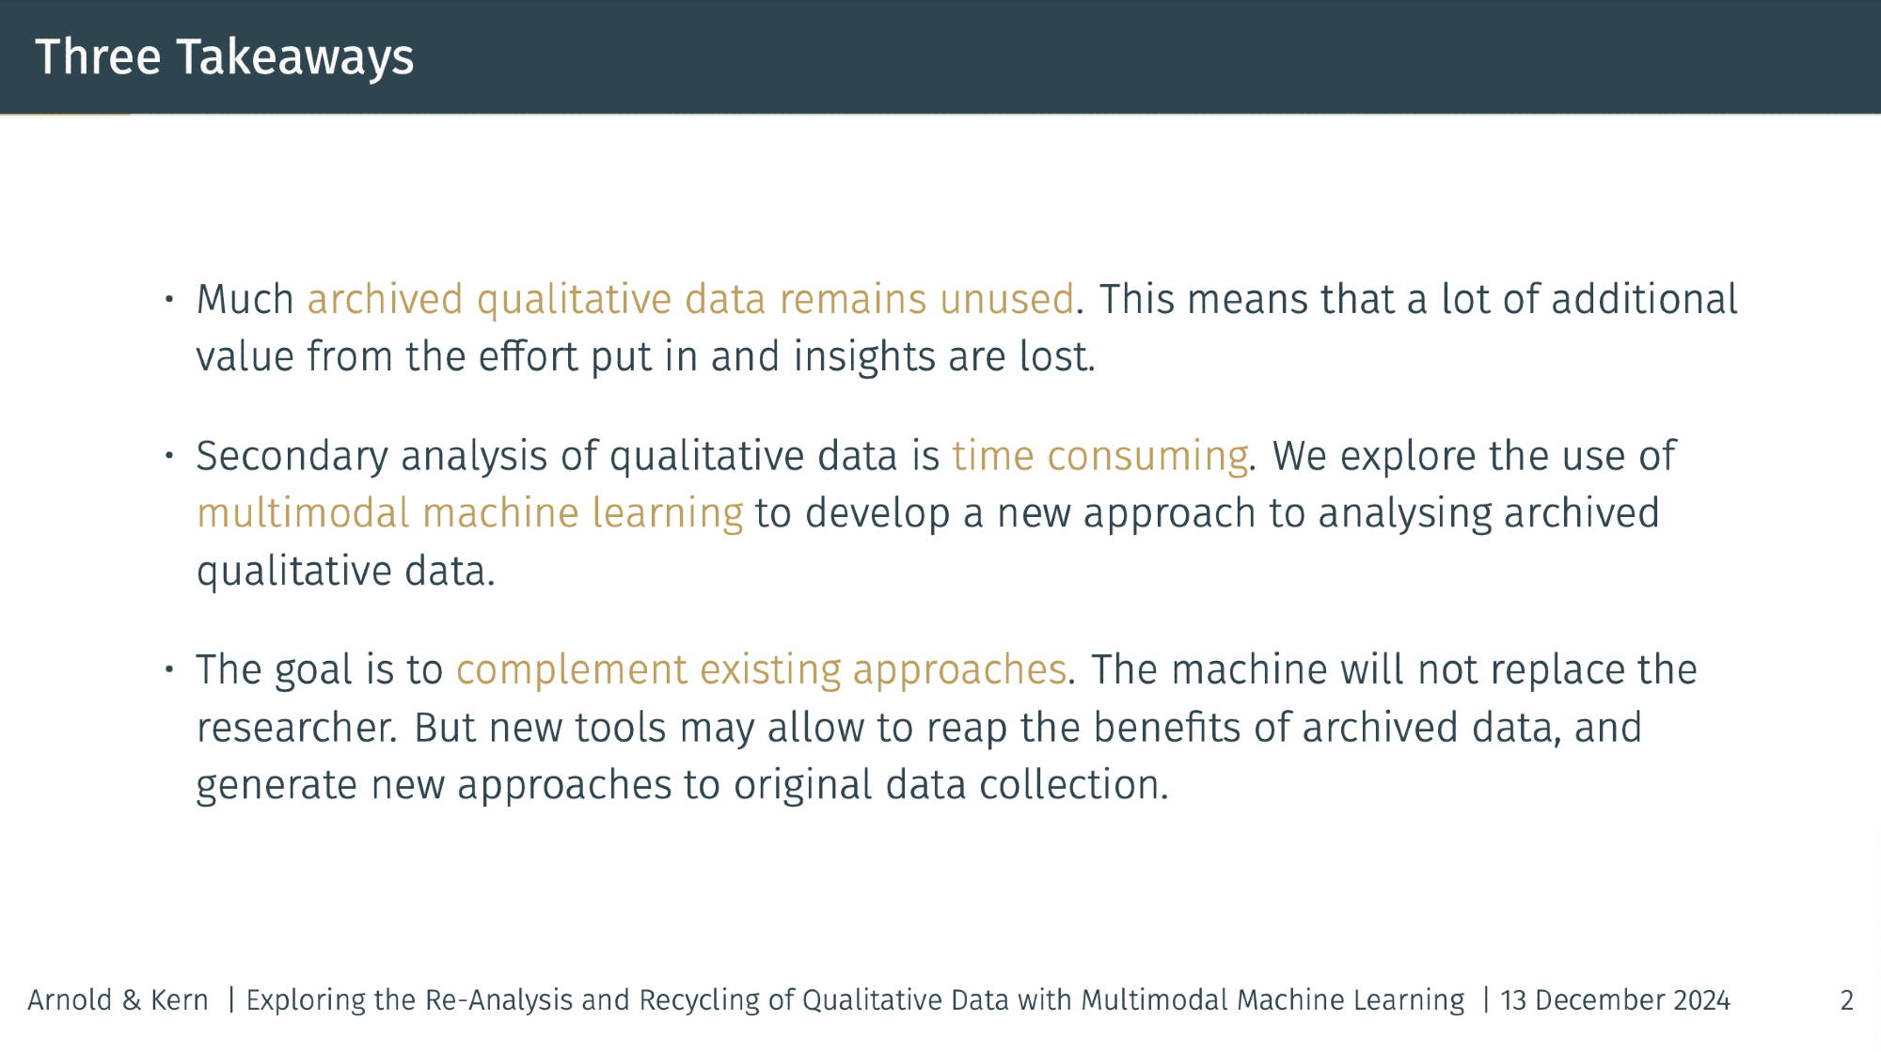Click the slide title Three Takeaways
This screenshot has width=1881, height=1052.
click(x=224, y=57)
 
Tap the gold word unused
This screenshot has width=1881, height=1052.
click(x=1006, y=299)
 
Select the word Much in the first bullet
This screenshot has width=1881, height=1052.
click(x=245, y=299)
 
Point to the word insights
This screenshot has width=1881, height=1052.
click(x=863, y=356)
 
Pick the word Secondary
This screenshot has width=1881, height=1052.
click(x=292, y=456)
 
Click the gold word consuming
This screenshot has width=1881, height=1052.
click(x=1147, y=456)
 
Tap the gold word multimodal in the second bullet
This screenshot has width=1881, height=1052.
click(x=303, y=513)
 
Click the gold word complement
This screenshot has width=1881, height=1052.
click(x=572, y=670)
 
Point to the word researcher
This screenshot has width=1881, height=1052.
click(x=294, y=728)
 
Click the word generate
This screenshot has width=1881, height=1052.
click(x=277, y=786)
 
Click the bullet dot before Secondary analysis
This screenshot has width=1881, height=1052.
click(x=169, y=456)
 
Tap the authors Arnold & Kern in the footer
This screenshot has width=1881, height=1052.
click(x=118, y=999)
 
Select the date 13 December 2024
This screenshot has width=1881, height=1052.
click(x=1615, y=999)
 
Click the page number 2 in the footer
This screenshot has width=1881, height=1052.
click(x=1847, y=999)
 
